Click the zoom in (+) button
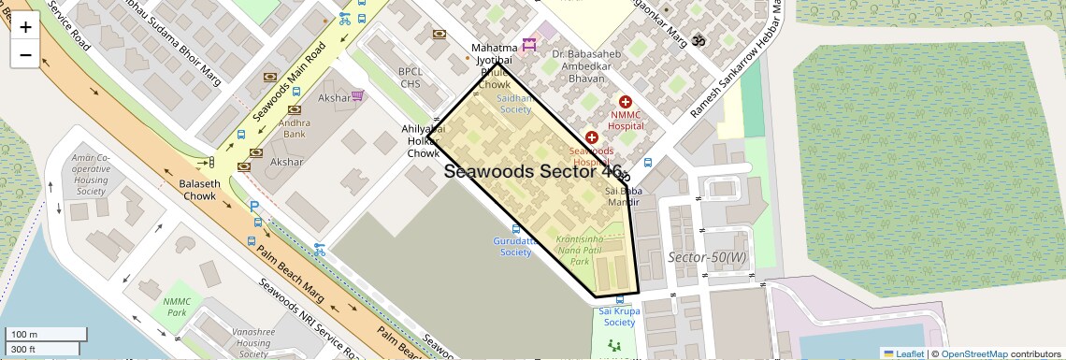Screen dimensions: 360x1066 (25, 27)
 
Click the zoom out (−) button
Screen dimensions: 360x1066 (25, 54)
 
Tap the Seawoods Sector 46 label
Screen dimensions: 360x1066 (533, 171)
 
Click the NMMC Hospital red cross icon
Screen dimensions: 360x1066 (626, 101)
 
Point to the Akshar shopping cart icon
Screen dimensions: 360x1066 (357, 96)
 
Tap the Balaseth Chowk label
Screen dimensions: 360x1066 (200, 190)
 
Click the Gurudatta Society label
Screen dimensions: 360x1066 (515, 246)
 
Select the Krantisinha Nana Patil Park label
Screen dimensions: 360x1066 (589, 251)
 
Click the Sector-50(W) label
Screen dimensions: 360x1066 (707, 257)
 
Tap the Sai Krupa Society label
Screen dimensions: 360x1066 (617, 316)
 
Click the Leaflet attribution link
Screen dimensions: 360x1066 (903, 353)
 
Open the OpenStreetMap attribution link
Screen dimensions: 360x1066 (973, 353)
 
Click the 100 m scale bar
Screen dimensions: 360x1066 (47, 334)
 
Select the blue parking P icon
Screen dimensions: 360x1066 (253, 206)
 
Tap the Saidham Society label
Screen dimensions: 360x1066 (514, 103)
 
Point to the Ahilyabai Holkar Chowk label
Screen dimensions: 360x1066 (422, 141)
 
